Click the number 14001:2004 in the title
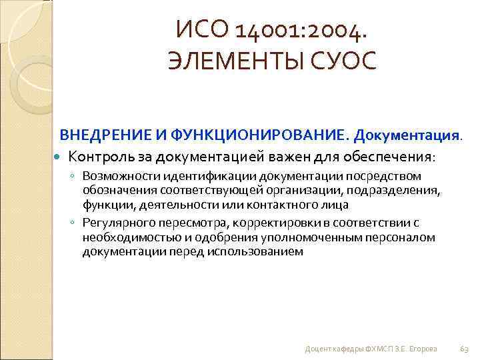(307, 29)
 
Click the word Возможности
(114, 176)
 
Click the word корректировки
(242, 223)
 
